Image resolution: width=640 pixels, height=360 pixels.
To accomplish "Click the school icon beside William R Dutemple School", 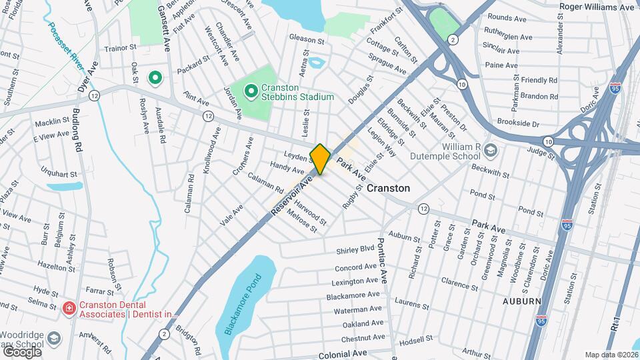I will coord(491,151).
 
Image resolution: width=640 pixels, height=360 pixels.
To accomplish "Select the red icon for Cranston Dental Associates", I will coord(68,307).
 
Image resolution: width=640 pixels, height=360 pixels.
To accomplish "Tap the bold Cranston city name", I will coord(388,188).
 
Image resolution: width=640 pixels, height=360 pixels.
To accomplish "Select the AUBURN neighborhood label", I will coord(522,301).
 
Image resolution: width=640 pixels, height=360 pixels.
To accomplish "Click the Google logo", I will coord(22,351).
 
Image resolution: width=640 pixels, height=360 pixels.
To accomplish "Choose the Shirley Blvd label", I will coord(354,249).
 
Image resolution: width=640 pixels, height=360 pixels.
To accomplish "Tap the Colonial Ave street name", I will coord(343,354).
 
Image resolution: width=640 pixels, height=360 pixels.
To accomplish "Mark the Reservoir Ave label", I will coord(292,195).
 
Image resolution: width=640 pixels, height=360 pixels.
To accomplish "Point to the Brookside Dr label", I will coord(517,123).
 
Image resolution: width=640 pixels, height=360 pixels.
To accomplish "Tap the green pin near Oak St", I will coord(155,79).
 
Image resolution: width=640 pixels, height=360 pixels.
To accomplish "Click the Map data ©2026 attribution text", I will coord(611,355).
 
